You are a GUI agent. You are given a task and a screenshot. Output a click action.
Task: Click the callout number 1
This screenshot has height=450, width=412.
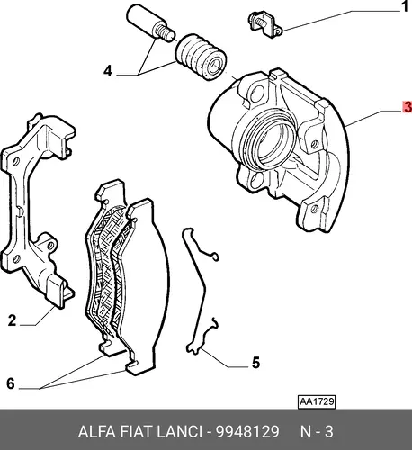point(406,6)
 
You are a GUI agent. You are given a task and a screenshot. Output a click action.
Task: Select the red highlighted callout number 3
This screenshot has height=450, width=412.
point(408,107)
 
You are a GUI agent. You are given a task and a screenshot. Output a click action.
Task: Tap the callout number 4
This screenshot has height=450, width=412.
point(108,71)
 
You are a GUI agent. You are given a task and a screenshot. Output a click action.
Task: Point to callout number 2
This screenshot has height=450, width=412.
point(12,320)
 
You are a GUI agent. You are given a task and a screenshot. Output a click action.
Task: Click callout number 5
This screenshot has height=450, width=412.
point(255,363)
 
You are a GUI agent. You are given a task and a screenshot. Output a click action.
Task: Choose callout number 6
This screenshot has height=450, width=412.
point(11,383)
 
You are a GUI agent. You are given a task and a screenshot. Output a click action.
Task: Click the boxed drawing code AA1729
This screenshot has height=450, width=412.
point(317,401)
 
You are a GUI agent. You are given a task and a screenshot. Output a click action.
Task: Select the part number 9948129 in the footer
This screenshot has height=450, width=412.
point(247,432)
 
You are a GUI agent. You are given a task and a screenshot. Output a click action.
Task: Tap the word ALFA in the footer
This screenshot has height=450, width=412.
point(96,432)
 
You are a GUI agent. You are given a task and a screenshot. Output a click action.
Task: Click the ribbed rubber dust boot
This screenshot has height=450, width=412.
point(201,57)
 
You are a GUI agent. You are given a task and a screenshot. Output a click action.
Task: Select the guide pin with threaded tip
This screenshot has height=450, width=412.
point(149,22)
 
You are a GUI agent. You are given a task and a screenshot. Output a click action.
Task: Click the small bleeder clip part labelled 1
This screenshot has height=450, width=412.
point(265,24)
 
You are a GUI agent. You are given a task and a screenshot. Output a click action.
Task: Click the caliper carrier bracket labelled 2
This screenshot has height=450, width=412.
point(38,210)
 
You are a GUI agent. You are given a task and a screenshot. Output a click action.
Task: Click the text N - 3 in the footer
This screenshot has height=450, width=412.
point(317,432)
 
